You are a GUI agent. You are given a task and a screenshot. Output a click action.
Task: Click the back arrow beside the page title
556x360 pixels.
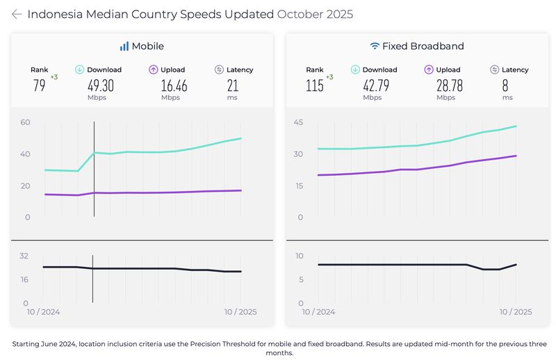click(x=17, y=15)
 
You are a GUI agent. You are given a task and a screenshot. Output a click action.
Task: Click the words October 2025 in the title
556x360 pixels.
click(x=315, y=15)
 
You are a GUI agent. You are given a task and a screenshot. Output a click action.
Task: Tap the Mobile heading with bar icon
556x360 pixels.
click(x=142, y=47)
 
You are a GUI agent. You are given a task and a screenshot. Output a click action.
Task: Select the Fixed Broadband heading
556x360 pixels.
click(x=417, y=47)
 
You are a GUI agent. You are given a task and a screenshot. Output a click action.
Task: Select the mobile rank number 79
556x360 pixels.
click(x=39, y=85)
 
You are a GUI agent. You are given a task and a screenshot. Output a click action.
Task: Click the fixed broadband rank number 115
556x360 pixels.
click(x=315, y=85)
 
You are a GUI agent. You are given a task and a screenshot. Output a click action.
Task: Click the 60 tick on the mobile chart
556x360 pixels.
click(x=25, y=122)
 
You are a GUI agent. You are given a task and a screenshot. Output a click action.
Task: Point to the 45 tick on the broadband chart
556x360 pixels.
click(x=301, y=122)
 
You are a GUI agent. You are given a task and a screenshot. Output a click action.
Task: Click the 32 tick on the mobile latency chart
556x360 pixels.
click(x=24, y=256)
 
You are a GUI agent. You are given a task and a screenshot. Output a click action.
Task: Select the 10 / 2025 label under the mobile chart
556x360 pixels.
click(x=239, y=312)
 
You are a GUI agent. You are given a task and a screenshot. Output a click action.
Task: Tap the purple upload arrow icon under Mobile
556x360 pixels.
click(x=154, y=69)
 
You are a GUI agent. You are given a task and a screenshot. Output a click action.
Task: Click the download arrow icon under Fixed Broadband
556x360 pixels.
click(x=355, y=69)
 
